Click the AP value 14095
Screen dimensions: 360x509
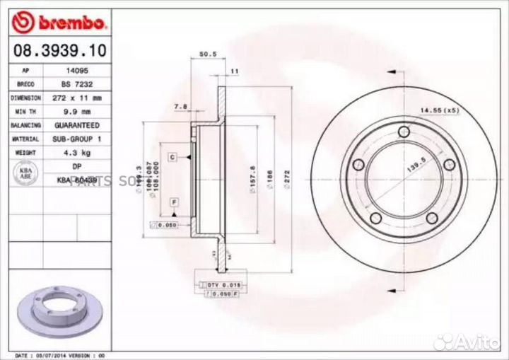(77, 71)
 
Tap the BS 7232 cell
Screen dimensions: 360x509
(77, 85)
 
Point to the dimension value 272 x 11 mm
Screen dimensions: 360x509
(77, 98)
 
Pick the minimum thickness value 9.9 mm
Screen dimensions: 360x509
(77, 112)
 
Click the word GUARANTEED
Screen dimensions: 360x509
(77, 125)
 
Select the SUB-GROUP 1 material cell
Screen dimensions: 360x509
(77, 139)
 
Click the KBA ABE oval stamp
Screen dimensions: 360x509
(25, 174)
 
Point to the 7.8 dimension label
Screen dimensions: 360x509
(180, 107)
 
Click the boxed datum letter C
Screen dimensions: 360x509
(172, 156)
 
